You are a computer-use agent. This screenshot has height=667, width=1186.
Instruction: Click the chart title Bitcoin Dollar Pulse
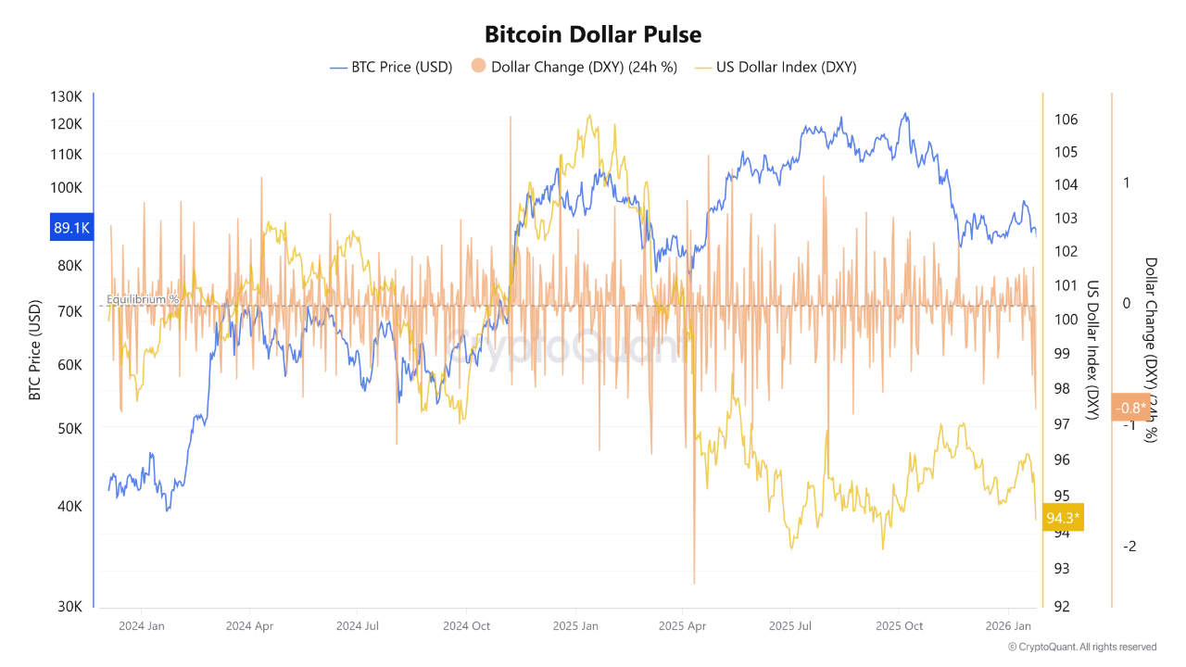(593, 34)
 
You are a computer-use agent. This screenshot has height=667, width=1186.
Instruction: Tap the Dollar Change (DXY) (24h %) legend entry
(574, 67)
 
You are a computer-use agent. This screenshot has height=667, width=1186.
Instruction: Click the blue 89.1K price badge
(71, 227)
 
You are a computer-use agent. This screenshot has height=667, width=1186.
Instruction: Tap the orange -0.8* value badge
(1130, 408)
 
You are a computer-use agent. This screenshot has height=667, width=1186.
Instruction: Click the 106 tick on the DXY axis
(1066, 120)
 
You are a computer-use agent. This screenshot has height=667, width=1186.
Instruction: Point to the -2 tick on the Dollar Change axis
(1129, 547)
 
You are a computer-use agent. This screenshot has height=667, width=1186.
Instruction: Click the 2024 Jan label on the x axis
(142, 625)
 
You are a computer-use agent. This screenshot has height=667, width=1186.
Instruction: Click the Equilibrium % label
(142, 299)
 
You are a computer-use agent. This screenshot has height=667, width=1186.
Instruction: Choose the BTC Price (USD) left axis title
(35, 350)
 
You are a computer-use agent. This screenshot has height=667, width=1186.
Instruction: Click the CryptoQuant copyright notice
(1081, 647)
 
